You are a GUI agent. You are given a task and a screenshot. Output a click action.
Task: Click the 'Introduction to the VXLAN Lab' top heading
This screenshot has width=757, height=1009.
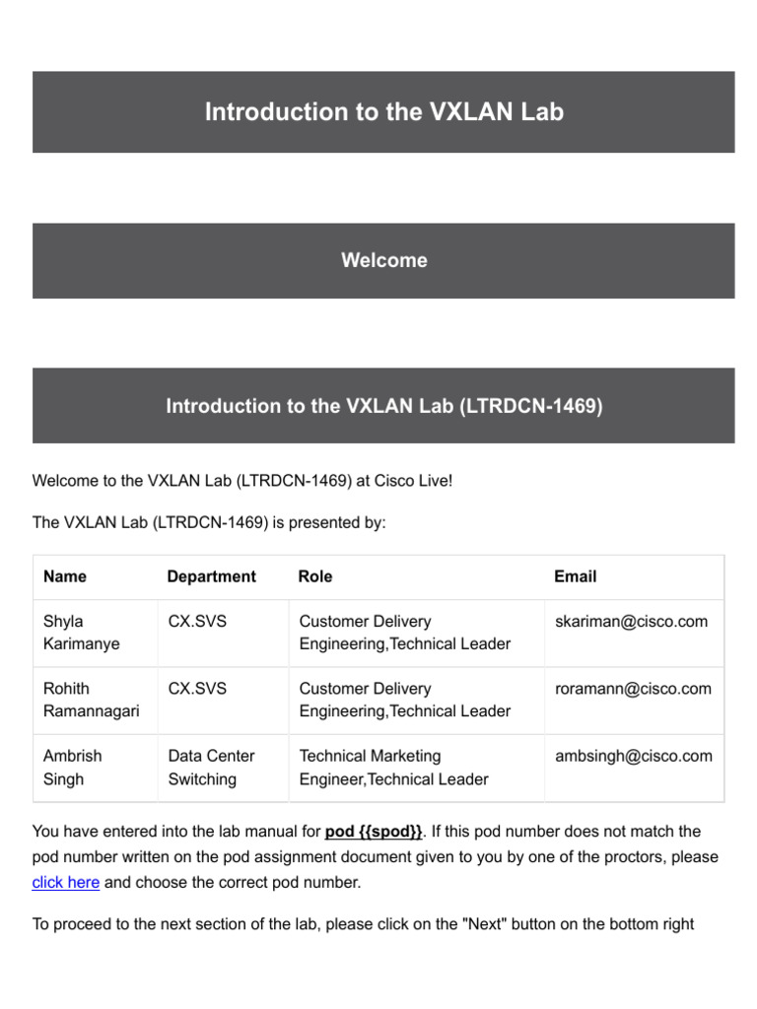(x=383, y=112)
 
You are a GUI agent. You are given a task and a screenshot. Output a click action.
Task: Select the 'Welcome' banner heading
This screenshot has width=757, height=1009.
(x=383, y=260)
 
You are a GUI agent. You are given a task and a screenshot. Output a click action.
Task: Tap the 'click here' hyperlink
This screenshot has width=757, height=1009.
(x=65, y=882)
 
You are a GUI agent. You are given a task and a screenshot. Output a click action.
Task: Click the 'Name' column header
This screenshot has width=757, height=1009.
(x=65, y=576)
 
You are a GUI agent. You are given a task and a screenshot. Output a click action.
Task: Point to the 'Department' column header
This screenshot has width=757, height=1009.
(x=211, y=576)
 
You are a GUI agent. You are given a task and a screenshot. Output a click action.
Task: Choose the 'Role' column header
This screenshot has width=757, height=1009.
(x=315, y=576)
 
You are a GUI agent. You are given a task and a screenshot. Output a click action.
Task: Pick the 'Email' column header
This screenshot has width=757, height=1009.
(x=575, y=576)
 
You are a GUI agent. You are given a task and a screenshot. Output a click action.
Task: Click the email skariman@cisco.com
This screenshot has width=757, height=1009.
(x=631, y=622)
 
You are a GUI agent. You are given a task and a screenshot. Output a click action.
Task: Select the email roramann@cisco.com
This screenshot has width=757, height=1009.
(x=633, y=689)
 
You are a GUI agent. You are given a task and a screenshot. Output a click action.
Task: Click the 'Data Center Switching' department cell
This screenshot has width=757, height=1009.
(x=211, y=768)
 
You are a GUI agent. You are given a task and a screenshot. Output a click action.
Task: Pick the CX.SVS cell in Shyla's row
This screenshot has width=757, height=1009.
(x=197, y=622)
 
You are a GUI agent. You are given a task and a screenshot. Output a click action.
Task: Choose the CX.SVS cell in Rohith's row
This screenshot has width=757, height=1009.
(x=197, y=689)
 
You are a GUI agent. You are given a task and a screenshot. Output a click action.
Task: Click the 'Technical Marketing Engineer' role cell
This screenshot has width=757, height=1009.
(x=393, y=768)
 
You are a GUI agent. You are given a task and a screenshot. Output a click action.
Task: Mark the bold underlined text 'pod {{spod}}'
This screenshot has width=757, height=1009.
(x=374, y=832)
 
